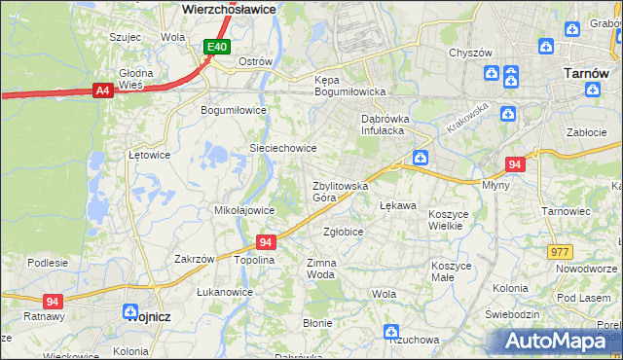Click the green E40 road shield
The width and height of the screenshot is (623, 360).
click(x=217, y=47)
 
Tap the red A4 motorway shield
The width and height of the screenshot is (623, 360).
click(x=102, y=90)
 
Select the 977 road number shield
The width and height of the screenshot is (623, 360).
click(x=560, y=251)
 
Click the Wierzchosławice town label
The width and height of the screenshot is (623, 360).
click(x=230, y=8)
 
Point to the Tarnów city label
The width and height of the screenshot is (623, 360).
click(x=587, y=73)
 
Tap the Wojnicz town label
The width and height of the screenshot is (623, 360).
click(x=148, y=314)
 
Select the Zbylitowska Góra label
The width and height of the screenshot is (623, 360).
click(x=339, y=191)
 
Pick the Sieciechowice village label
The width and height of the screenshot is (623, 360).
click(x=283, y=148)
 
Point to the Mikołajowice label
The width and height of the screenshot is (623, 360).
click(x=243, y=210)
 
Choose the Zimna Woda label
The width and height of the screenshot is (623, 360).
click(x=321, y=269)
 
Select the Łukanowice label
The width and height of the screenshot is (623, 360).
click(x=224, y=292)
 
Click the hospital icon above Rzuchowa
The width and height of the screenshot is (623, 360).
click(x=391, y=331)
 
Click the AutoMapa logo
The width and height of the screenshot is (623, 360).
click(x=560, y=341)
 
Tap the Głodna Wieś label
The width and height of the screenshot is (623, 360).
click(x=136, y=79)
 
